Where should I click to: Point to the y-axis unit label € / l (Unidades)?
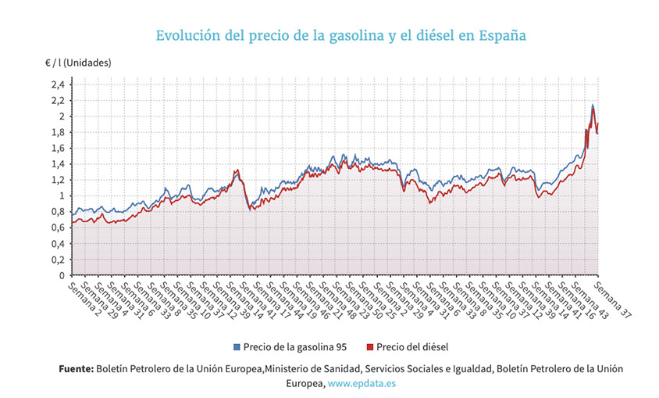(x=78, y=63)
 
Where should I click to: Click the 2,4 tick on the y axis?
(x=57, y=84)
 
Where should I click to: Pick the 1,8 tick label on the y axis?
(x=57, y=132)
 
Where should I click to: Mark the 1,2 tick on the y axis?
(x=57, y=180)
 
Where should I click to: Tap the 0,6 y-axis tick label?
(x=57, y=228)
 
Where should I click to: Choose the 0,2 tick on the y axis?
(x=57, y=260)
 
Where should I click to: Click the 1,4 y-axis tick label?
(x=57, y=164)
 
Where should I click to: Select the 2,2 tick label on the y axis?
(x=57, y=101)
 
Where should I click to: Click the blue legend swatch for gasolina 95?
(x=237, y=346)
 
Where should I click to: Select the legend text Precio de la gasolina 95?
(x=294, y=346)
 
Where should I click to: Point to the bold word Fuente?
(x=76, y=368)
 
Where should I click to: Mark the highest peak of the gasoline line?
(x=593, y=104)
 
